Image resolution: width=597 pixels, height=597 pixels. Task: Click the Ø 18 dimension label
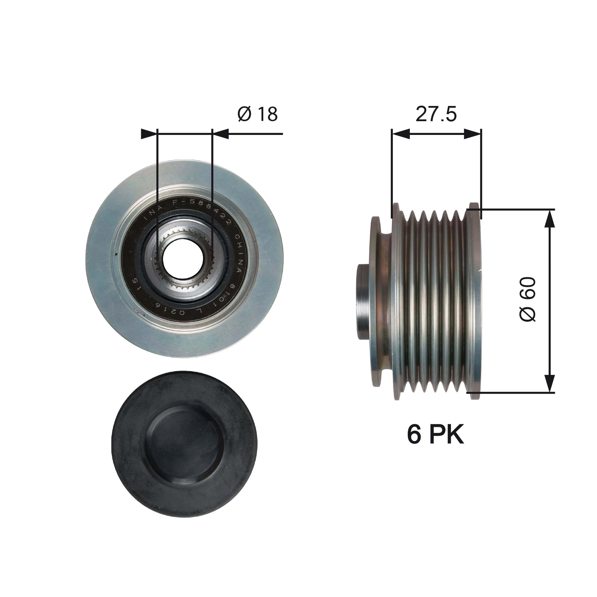coord(257,114)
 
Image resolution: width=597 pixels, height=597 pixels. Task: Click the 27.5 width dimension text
coord(436,114)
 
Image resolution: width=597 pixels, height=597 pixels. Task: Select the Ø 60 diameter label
coord(527,299)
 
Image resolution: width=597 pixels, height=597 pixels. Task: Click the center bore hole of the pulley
coord(183,259)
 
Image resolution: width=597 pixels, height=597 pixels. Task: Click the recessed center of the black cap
coord(184,444)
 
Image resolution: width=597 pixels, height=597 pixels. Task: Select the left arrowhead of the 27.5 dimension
coord(401,134)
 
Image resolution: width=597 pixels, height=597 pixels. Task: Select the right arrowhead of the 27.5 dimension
coord(473,134)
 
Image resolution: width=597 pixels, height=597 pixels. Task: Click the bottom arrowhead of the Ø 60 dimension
coord(549,384)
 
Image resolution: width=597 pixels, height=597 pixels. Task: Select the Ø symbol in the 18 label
coord(244,114)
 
